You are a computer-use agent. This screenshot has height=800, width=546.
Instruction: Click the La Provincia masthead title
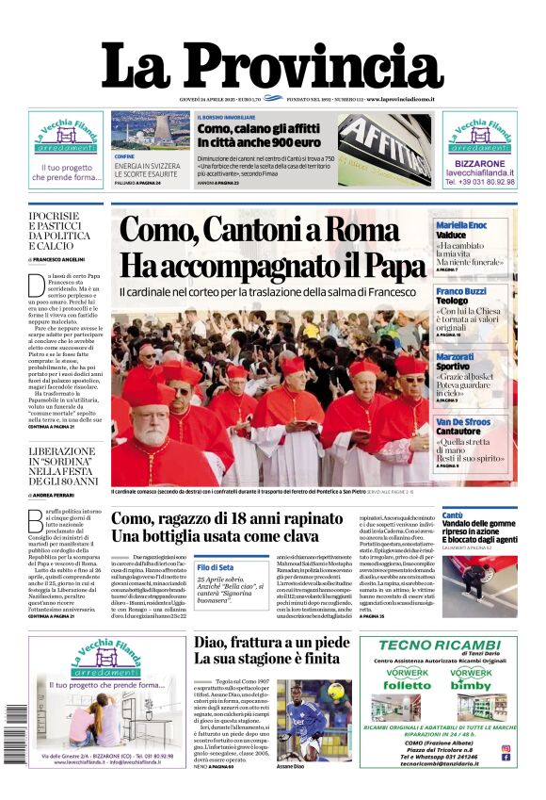click(x=272, y=65)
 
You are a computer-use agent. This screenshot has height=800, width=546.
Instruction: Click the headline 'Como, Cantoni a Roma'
click(x=273, y=232)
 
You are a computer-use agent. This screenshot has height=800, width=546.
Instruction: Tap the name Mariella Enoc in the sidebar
click(x=461, y=225)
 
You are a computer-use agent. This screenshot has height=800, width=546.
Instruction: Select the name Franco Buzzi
click(x=461, y=292)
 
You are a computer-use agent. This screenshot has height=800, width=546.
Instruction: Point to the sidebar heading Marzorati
click(x=455, y=357)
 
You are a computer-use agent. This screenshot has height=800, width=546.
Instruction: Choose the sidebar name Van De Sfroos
click(x=461, y=422)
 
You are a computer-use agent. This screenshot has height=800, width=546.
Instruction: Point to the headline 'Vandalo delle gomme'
click(x=478, y=528)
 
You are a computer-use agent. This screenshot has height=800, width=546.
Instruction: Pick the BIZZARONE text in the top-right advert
click(x=479, y=163)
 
